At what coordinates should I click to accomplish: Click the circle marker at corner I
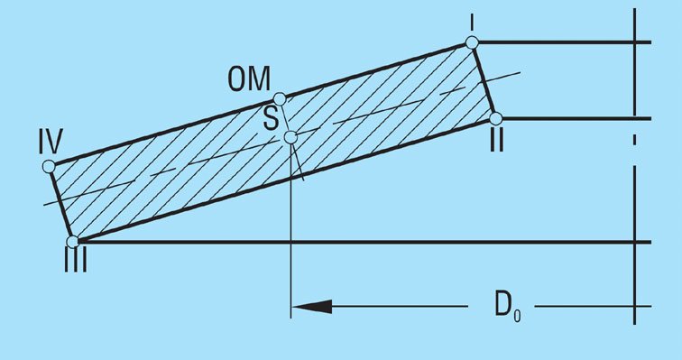(472, 42)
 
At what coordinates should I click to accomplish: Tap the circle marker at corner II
(495, 118)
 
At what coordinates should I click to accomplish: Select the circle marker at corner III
(73, 241)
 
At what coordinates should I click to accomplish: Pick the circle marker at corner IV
(49, 166)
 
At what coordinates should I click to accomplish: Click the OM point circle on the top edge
(280, 98)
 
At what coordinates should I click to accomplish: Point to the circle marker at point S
(290, 137)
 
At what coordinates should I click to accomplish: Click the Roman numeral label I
(472, 23)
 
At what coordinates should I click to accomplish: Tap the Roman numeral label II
(497, 141)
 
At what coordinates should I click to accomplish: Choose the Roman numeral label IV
(51, 142)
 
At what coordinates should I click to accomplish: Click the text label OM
(249, 78)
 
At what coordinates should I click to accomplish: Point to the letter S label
(271, 118)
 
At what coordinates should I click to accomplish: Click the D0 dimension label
(508, 306)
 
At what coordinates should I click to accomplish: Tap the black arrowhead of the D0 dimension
(312, 307)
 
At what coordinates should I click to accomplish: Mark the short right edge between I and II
(484, 80)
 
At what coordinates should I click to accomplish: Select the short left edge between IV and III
(61, 204)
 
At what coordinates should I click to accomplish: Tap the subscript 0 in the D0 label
(517, 315)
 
